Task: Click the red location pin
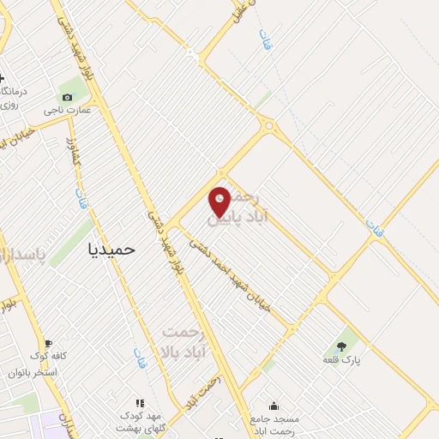click(219, 201)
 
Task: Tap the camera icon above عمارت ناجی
click(68, 97)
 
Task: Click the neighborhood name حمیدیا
click(112, 249)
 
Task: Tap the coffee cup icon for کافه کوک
click(48, 343)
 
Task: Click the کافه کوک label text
click(48, 357)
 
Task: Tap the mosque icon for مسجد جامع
click(274, 406)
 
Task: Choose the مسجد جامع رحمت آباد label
click(274, 424)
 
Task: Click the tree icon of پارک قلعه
click(342, 347)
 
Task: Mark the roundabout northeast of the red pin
click(271, 128)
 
